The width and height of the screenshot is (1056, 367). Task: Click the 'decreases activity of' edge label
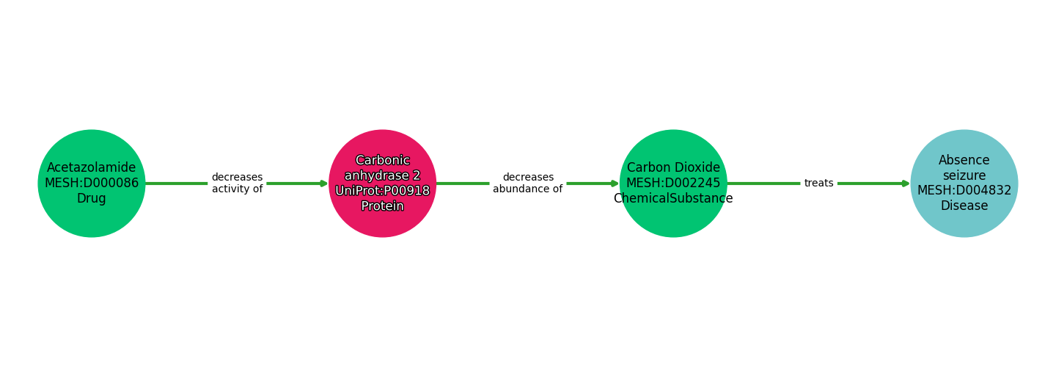(x=237, y=183)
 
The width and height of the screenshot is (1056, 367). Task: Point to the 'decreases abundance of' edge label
(x=527, y=183)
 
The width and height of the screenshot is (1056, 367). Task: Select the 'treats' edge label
(x=818, y=183)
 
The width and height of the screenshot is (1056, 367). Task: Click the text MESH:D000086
(x=92, y=183)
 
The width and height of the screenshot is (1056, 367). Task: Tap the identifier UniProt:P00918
(x=382, y=191)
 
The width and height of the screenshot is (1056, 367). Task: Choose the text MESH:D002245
(x=673, y=183)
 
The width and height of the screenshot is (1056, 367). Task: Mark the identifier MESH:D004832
(x=964, y=191)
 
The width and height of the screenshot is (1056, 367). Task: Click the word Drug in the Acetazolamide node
(x=92, y=199)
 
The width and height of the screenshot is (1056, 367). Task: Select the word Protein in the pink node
(x=382, y=206)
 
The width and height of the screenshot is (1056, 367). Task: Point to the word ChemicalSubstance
(x=673, y=199)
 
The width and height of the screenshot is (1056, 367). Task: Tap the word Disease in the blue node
(x=964, y=206)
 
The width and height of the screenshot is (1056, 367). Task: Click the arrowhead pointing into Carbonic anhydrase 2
(x=323, y=183)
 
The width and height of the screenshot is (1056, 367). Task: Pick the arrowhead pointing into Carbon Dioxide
(x=615, y=183)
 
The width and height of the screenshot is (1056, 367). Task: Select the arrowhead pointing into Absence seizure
(x=906, y=183)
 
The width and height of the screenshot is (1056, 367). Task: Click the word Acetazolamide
(x=92, y=168)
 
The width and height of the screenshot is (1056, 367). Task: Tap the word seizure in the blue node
(x=964, y=175)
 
